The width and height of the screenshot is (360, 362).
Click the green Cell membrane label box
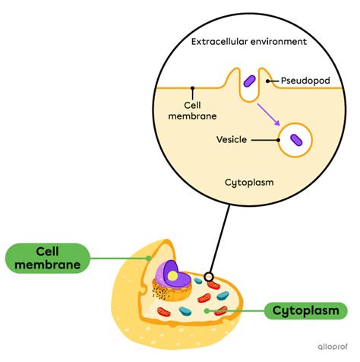click(x=48, y=257)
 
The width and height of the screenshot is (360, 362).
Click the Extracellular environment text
click(x=250, y=43)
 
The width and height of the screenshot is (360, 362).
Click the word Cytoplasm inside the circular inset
click(x=250, y=183)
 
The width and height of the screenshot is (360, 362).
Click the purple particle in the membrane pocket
click(x=248, y=81)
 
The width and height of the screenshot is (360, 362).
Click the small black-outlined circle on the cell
click(x=208, y=276)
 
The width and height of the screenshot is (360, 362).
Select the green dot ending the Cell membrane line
click(x=149, y=257)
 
